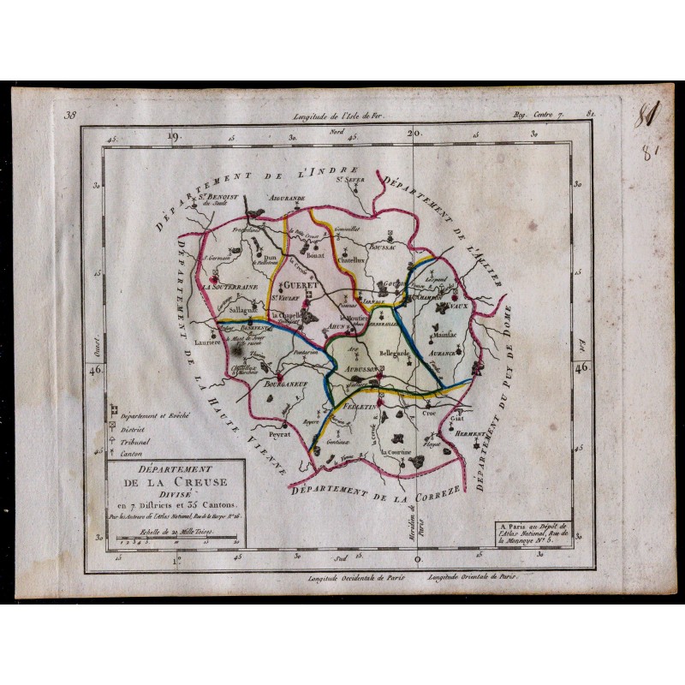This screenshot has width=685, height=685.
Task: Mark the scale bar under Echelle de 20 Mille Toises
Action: tap(171, 540)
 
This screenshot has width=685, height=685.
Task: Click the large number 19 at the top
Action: tap(175, 134)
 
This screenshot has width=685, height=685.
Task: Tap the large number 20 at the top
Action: tap(414, 134)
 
